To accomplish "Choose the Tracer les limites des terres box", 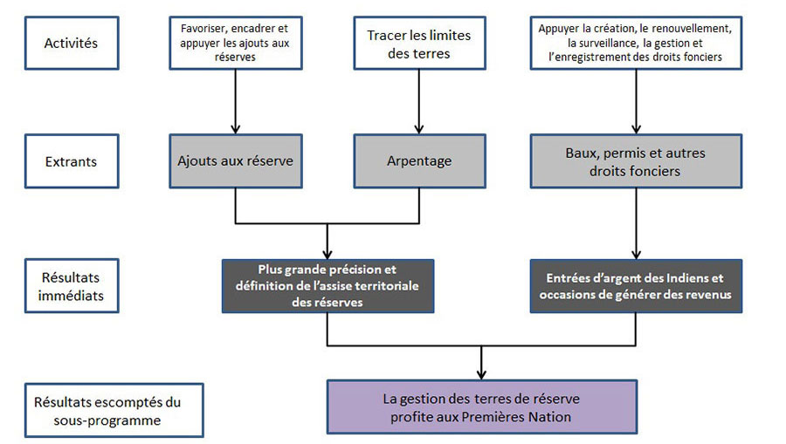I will coord(418,42).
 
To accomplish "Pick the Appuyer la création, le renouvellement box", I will coord(635,42).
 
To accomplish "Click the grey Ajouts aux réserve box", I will coord(235,161).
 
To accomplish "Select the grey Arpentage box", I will coord(418,161).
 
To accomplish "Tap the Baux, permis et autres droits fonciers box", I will coord(635,162).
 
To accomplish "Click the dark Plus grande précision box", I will coord(327,285).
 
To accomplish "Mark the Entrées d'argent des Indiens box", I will coord(635,286).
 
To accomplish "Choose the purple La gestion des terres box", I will coord(481,407).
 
